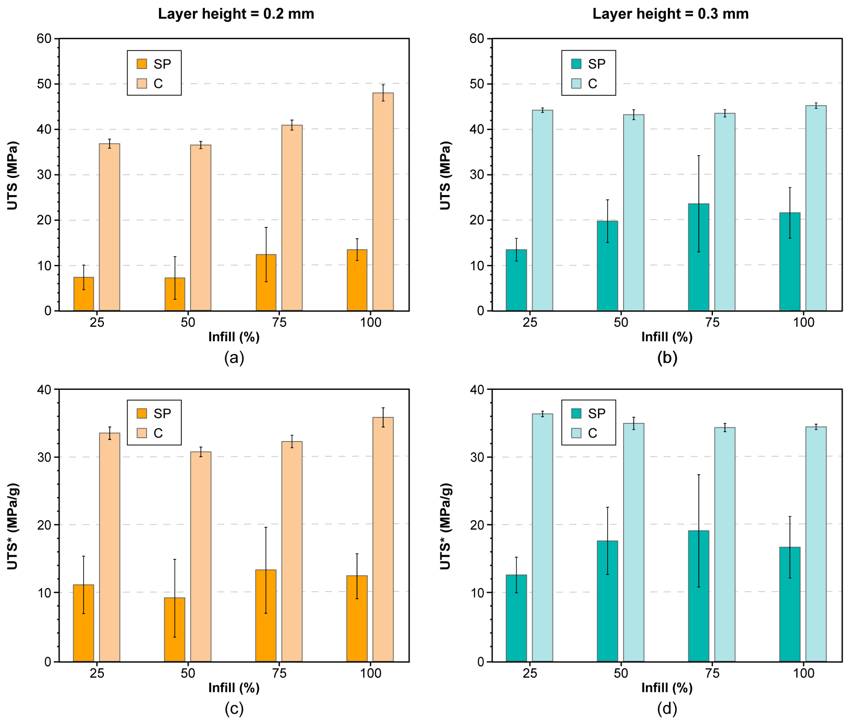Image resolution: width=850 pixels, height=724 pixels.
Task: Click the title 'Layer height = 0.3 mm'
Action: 670,14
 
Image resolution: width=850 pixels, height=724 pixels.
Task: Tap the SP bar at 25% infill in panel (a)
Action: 84,294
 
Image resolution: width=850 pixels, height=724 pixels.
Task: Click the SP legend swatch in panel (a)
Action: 142,64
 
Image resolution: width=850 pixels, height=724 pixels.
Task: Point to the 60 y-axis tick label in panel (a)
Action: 45,39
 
